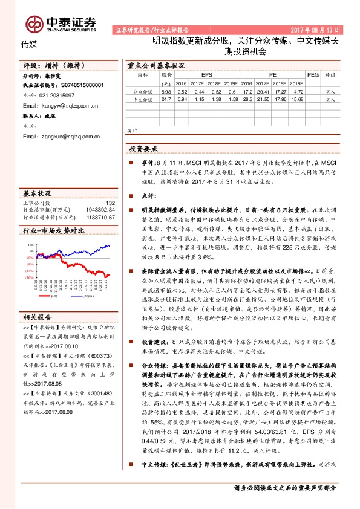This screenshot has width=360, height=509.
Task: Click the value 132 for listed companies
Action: [x=110, y=203]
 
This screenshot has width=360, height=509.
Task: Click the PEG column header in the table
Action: [x=313, y=75]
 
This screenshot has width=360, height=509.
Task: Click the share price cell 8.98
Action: [x=167, y=91]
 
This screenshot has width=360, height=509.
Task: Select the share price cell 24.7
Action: [x=167, y=99]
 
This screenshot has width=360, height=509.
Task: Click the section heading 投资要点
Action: [x=143, y=148]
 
